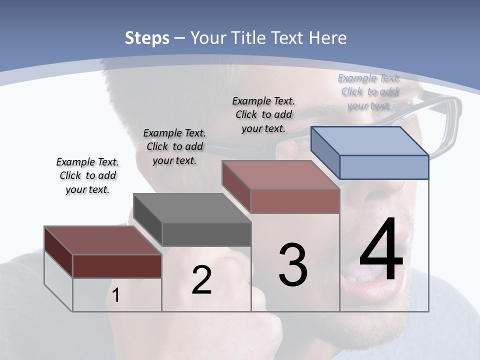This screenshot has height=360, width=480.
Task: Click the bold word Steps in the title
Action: point(147,38)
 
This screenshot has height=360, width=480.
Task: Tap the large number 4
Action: point(381,250)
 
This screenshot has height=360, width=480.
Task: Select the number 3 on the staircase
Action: point(293,265)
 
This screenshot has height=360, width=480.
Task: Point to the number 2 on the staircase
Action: point(201,280)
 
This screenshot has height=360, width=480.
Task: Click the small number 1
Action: point(116,295)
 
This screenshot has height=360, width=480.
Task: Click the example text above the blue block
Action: point(369,91)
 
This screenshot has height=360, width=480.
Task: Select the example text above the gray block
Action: point(174,146)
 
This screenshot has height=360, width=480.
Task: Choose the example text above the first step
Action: point(87,175)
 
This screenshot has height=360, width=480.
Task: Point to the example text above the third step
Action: point(263,114)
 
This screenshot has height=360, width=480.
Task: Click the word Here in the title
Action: point(328,38)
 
